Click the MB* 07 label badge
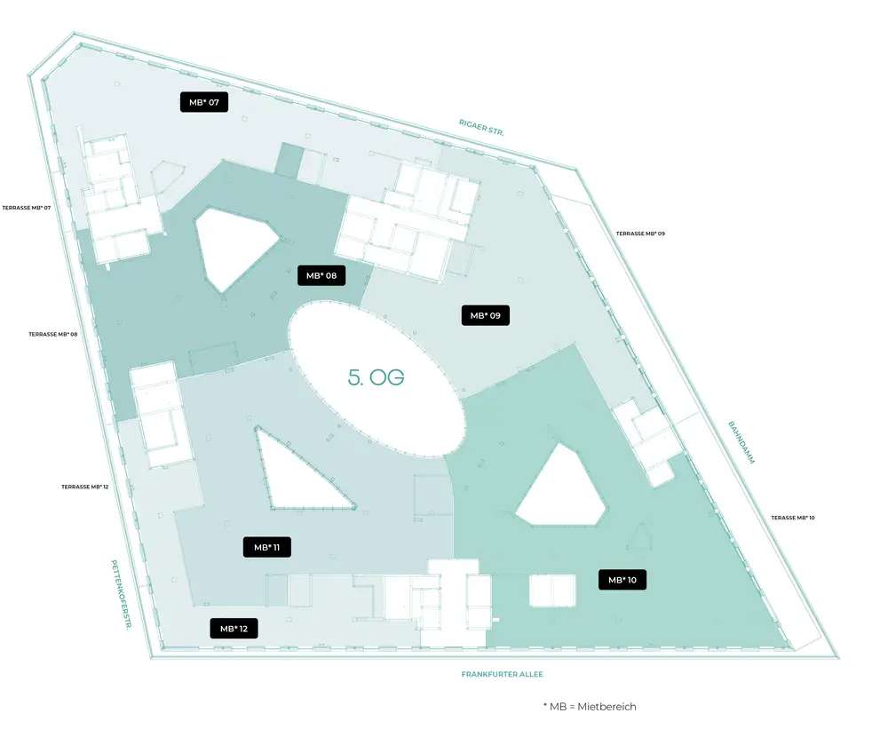tap(204, 102)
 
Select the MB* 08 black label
tap(321, 275)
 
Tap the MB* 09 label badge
tap(486, 315)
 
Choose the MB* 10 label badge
tap(622, 580)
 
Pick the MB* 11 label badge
tap(267, 547)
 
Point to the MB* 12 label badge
tap(234, 629)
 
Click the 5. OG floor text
tap(376, 377)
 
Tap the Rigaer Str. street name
tap(481, 127)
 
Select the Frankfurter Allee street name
tap(503, 674)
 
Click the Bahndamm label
tap(741, 442)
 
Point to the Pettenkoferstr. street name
tap(122, 594)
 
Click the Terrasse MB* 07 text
tap(26, 208)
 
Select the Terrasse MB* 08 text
tap(52, 334)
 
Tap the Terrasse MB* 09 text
tap(640, 234)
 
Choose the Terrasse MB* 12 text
tap(84, 487)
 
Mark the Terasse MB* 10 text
tap(792, 518)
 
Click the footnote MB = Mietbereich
tap(590, 707)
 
